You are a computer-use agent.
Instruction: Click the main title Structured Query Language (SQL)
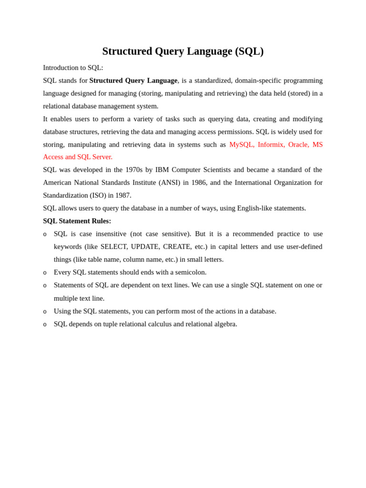point(183,51)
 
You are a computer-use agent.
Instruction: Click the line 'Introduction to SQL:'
point(73,68)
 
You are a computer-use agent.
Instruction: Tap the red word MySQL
point(241,144)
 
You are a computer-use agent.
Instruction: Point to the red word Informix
point(271,144)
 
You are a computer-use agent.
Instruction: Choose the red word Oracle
point(298,144)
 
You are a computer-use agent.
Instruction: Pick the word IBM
point(162,170)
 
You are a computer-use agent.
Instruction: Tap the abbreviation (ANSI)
point(169,183)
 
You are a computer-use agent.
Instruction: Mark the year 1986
point(199,183)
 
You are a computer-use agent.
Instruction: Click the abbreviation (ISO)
point(98,195)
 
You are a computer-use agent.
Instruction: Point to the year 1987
point(123,195)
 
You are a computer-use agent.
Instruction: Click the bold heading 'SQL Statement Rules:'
point(77,221)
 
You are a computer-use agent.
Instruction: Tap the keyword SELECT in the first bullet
point(114,246)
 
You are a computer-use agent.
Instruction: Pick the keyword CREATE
point(177,246)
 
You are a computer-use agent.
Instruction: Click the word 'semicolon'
point(191,272)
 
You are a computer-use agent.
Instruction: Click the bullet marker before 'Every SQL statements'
point(45,273)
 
